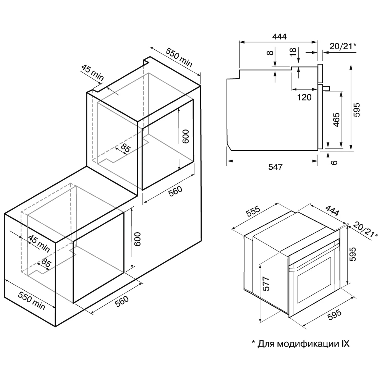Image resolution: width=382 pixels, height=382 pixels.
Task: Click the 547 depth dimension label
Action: click(275, 167)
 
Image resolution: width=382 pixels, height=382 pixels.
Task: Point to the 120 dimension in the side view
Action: click(304, 97)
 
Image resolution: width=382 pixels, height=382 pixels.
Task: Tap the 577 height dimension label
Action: click(267, 284)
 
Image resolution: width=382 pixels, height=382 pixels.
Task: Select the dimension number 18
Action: click(293, 52)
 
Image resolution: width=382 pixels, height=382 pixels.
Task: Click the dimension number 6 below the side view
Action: click(334, 162)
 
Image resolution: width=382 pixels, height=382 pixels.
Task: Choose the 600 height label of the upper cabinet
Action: click(185, 137)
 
